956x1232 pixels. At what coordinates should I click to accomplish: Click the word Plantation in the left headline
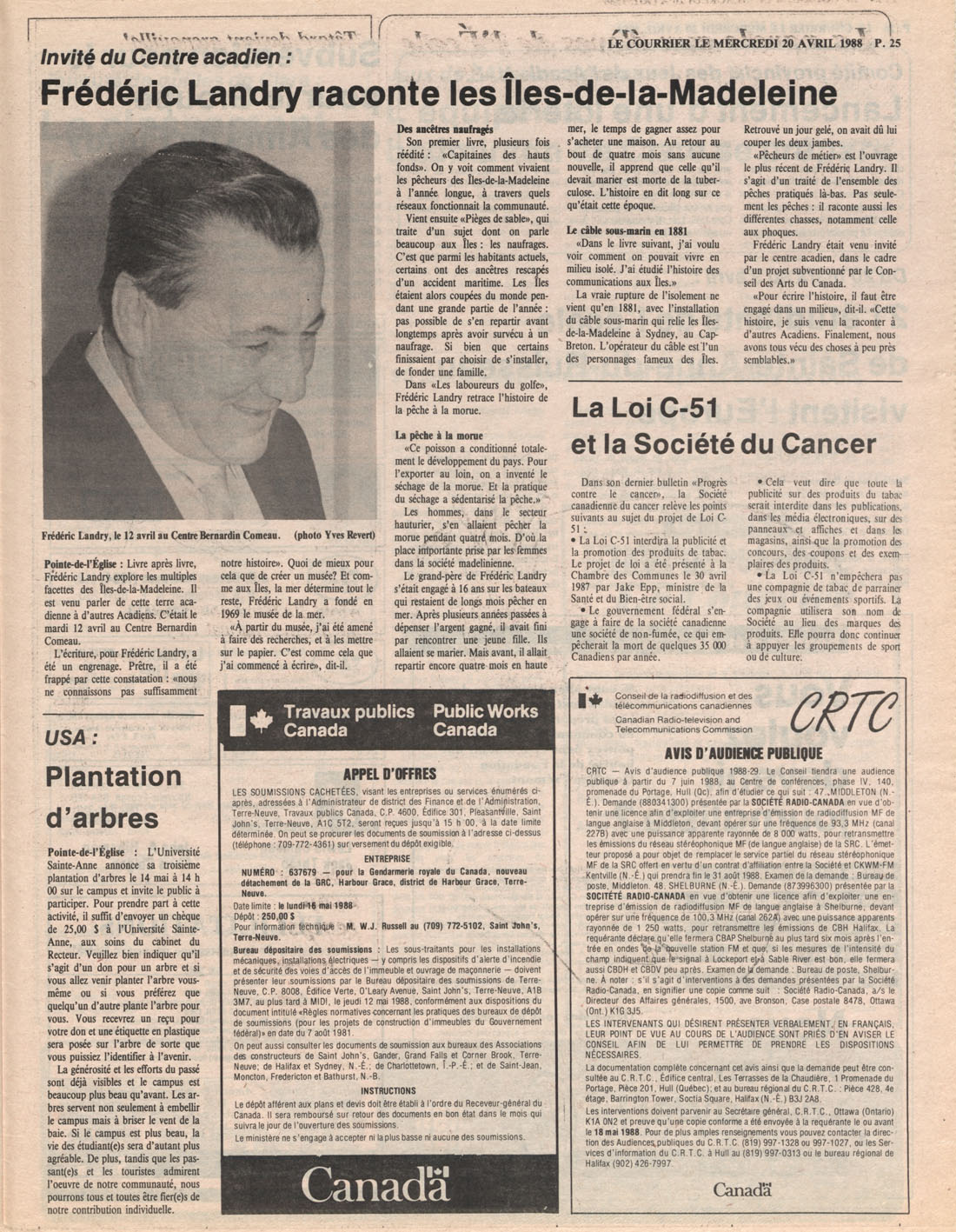113,776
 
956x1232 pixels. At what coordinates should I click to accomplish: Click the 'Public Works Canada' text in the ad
485,720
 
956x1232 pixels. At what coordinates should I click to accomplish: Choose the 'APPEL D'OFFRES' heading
389,774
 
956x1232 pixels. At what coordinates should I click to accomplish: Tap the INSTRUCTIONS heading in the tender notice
388,1090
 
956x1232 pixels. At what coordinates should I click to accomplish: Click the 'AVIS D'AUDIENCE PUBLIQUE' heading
743,753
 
